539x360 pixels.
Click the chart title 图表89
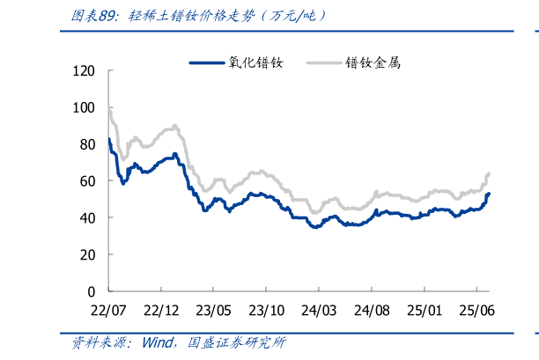tap(96, 16)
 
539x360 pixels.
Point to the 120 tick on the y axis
tap(85, 70)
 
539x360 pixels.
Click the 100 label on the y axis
tap(85, 107)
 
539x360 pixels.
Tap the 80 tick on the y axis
tap(88, 144)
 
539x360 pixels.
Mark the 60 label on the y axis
tap(88, 180)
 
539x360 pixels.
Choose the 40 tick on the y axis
tap(88, 217)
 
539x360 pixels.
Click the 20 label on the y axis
tap(88, 254)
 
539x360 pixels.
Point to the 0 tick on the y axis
tap(92, 290)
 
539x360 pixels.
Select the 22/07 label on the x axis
tap(108, 310)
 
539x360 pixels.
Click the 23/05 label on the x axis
tap(213, 310)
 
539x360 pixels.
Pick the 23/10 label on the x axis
tap(266, 310)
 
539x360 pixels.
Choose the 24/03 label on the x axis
tap(319, 310)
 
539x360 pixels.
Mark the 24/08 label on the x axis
tap(372, 310)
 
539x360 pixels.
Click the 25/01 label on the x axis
tap(424, 310)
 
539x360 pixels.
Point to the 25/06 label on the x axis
tap(476, 310)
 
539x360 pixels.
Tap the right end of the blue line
tap(489, 194)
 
